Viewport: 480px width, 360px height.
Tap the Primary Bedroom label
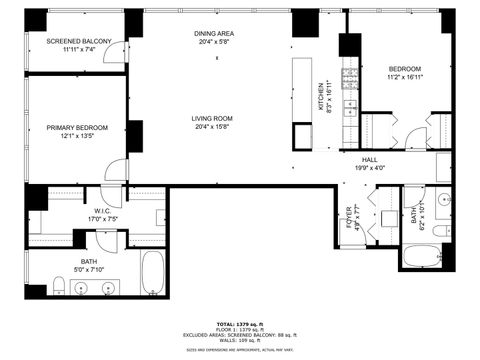(77, 128)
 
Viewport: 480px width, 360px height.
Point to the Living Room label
(215, 118)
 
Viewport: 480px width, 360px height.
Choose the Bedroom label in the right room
(405, 69)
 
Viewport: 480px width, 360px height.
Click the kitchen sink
(350, 107)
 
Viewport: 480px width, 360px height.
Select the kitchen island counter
(302, 100)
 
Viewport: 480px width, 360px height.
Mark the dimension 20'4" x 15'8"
(215, 127)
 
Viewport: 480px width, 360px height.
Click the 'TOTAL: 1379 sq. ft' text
(239, 323)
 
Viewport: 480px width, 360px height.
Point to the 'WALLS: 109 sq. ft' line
(239, 341)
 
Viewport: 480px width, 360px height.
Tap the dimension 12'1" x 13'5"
(77, 136)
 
